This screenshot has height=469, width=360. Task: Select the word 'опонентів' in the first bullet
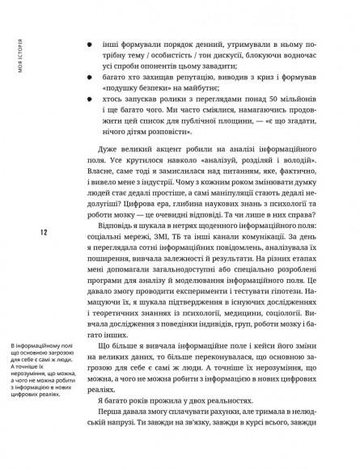tap(211, 62)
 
